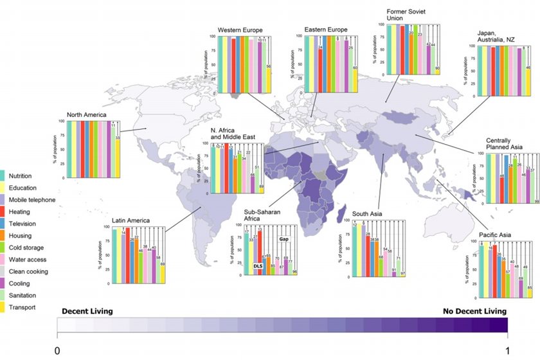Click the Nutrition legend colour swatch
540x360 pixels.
(x=3, y=175)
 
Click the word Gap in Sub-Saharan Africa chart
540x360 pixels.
(x=283, y=239)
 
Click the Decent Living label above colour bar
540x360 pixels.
(x=87, y=311)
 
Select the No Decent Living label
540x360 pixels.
(x=474, y=311)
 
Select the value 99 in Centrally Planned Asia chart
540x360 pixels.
(x=536, y=202)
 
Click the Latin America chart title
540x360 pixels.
(x=130, y=221)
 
